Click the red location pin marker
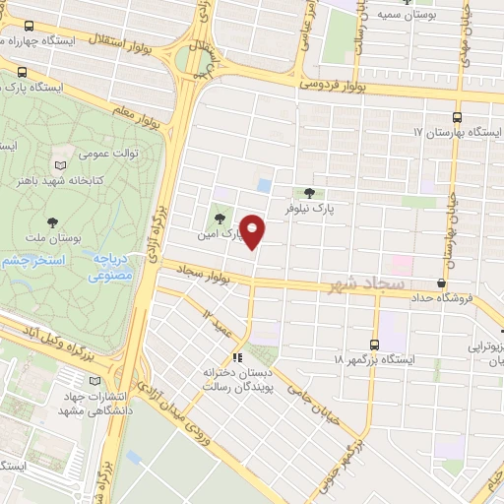click(x=253, y=230)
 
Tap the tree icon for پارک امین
click(x=219, y=219)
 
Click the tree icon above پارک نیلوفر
click(x=310, y=193)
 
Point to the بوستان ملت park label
click(x=52, y=239)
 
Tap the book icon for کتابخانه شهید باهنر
click(x=62, y=164)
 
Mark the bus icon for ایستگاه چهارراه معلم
click(x=27, y=28)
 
